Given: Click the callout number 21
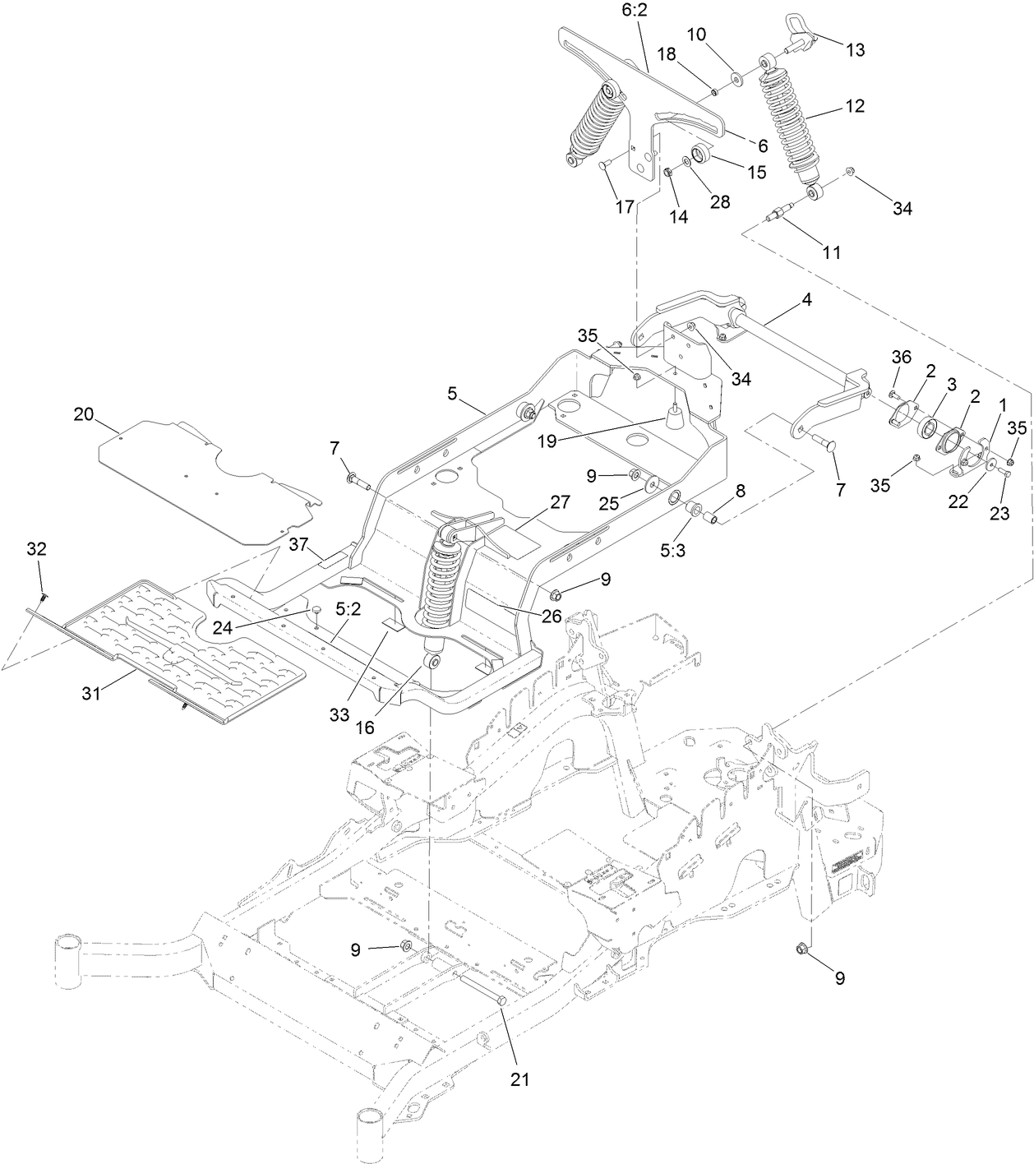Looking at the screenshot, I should point(519,1079).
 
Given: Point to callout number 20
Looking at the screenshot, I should point(84,414).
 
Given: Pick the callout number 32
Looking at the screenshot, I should point(37,548).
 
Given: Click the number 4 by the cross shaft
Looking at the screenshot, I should point(806,300).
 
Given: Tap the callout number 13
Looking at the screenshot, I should point(855,50).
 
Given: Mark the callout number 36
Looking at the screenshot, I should point(902,358).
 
